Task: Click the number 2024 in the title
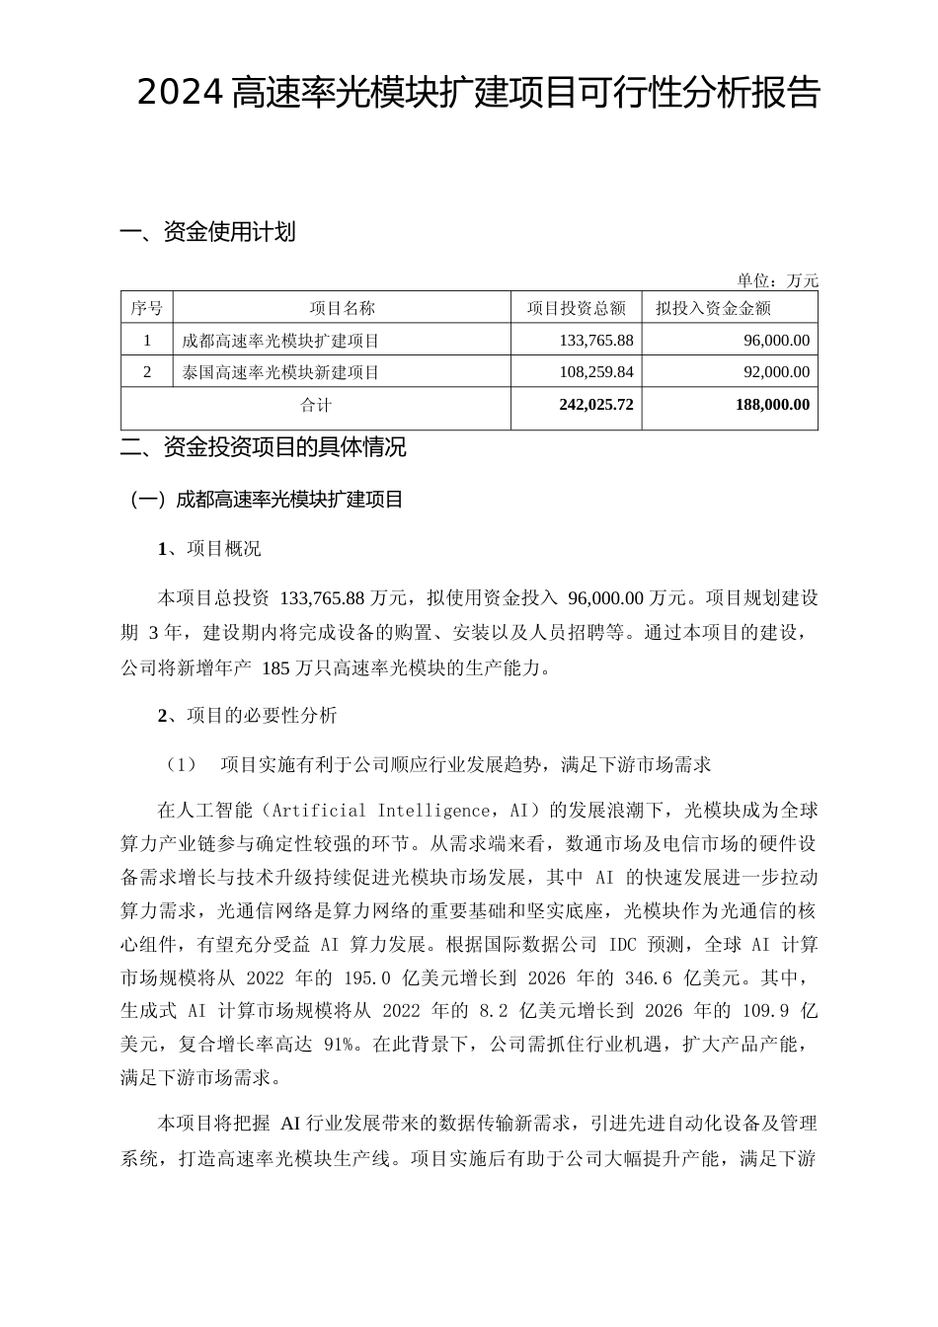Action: (181, 94)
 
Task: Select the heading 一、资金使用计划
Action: (207, 233)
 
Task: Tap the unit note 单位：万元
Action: (777, 280)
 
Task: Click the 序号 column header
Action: (146, 308)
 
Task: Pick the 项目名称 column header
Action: (342, 308)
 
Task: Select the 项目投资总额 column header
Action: (576, 308)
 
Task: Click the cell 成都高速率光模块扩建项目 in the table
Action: (281, 341)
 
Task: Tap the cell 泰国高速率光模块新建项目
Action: (281, 372)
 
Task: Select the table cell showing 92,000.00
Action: (772, 372)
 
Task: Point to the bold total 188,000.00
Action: (772, 405)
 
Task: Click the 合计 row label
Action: (316, 405)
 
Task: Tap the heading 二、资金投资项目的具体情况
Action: (263, 447)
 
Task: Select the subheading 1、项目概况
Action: (209, 549)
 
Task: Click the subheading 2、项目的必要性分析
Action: (247, 716)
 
